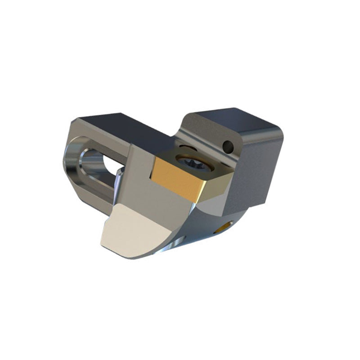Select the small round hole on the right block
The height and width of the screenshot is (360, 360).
pyautogui.click(x=229, y=145)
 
